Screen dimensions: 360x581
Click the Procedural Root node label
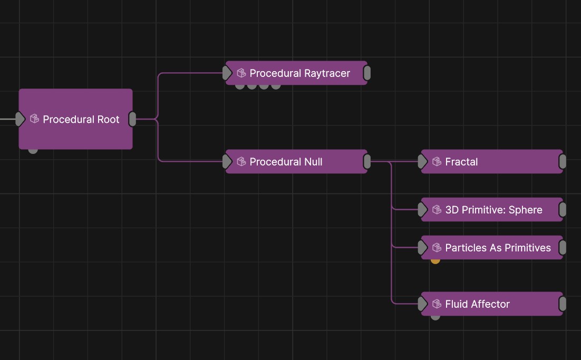81,120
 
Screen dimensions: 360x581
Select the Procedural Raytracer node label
299,73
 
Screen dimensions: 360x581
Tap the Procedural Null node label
286,162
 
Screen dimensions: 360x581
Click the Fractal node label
461,162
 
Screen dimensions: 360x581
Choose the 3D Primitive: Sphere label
493,210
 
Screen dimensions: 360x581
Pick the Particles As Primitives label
498,248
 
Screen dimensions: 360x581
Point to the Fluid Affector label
477,304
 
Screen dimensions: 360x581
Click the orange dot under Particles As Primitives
435,260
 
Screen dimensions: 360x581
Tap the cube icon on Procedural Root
35,119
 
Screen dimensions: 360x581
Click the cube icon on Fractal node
437,162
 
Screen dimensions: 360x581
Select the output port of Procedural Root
133,119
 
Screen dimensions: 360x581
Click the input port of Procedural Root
20,119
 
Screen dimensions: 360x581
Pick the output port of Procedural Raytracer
367,73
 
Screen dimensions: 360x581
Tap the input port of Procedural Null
227,162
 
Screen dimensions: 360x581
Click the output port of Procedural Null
367,162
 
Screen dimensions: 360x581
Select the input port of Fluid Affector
422,304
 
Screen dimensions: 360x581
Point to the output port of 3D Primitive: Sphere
563,210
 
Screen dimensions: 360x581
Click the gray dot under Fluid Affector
435,316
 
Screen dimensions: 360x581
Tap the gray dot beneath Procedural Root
33,150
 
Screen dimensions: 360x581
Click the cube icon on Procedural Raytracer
241,73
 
